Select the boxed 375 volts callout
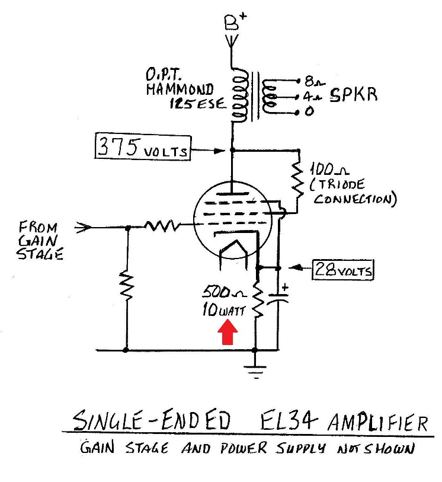[x=142, y=147]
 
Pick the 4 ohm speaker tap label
[x=312, y=95]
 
